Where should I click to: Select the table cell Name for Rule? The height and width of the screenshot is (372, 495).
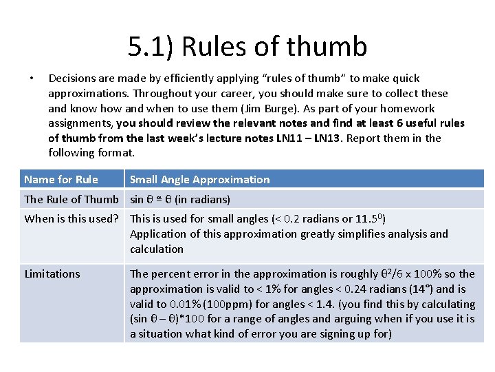pos(61,180)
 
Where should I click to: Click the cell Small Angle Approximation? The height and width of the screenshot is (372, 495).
pos(199,180)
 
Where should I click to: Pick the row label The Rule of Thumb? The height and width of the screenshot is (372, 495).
pos(71,200)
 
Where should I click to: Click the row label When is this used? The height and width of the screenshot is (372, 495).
pos(74,219)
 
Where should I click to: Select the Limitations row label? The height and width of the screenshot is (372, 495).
pos(52,274)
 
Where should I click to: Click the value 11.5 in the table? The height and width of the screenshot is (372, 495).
pos(367,219)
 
